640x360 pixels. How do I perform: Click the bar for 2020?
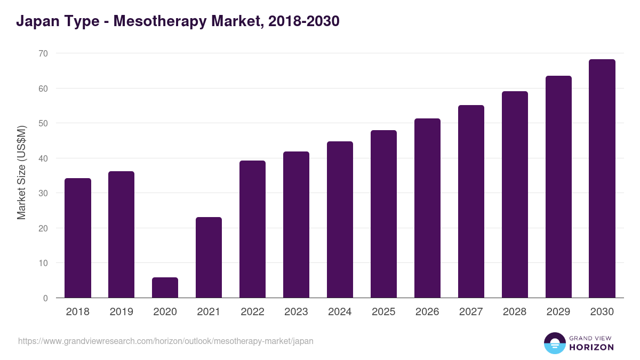[x=165, y=287]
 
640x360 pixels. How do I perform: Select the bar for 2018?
[x=78, y=238]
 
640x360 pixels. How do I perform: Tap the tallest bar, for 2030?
[x=602, y=179]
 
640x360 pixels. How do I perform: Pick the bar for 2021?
[x=209, y=258]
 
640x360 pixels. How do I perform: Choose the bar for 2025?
[x=383, y=214]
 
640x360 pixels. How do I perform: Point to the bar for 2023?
[x=296, y=225]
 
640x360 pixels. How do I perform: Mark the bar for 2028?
[x=515, y=195]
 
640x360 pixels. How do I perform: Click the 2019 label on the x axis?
[x=122, y=312]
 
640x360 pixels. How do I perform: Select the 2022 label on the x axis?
[x=252, y=312]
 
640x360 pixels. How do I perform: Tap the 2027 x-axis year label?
[x=471, y=312]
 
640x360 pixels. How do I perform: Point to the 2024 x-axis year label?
[x=340, y=312]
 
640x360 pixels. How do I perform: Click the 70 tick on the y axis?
[x=43, y=53]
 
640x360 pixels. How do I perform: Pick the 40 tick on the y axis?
[x=43, y=158]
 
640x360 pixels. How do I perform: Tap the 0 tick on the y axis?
[x=45, y=298]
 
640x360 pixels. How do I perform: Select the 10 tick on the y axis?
[x=43, y=263]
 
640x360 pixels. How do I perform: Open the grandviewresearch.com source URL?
[x=166, y=341]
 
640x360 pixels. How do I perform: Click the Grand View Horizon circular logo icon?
[x=554, y=343]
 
